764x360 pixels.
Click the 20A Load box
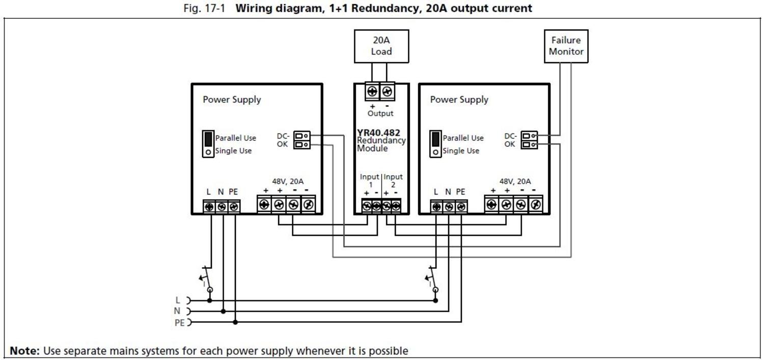pos(381,46)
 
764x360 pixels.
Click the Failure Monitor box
pos(566,46)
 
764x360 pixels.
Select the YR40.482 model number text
pos(378,133)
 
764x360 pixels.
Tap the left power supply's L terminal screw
pos(209,207)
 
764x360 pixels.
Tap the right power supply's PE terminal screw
pos(461,207)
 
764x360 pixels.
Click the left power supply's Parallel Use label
pos(235,138)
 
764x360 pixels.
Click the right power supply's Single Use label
pos(460,151)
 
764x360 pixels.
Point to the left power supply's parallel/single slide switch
pos(208,144)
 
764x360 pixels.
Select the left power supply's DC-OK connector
pos(302,140)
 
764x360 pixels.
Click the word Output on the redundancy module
pos(380,114)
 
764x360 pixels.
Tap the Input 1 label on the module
pos(370,180)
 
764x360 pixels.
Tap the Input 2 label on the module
pos(393,180)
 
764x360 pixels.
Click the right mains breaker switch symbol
pos(431,277)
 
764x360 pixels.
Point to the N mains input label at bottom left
pos(178,311)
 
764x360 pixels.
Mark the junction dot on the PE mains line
pos(235,322)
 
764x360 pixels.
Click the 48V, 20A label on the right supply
pos(515,181)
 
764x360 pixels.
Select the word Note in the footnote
pos(24,351)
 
